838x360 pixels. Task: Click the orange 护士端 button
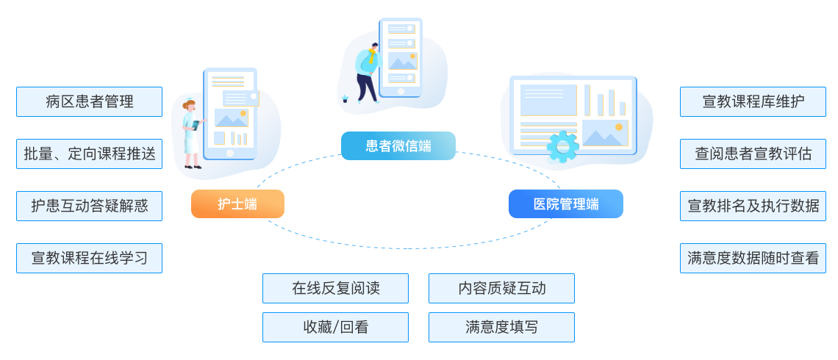point(237,204)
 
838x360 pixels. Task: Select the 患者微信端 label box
point(398,145)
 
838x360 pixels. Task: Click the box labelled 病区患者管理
point(89,102)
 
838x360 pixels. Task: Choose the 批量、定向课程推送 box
point(89,154)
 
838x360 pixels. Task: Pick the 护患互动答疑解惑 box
point(89,206)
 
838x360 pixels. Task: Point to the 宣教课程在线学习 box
point(89,259)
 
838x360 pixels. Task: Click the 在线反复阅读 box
point(335,288)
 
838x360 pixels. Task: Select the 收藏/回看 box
point(335,327)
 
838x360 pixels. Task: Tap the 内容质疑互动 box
point(501,288)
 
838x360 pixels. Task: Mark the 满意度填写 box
point(501,327)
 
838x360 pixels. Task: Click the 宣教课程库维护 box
point(753,102)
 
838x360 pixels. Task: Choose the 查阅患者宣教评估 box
point(753,154)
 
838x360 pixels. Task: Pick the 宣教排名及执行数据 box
point(753,206)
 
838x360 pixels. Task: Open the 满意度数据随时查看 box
point(753,259)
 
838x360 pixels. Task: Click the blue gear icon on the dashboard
point(562,146)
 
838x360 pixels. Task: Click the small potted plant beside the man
point(345,98)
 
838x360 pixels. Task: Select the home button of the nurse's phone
point(230,154)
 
